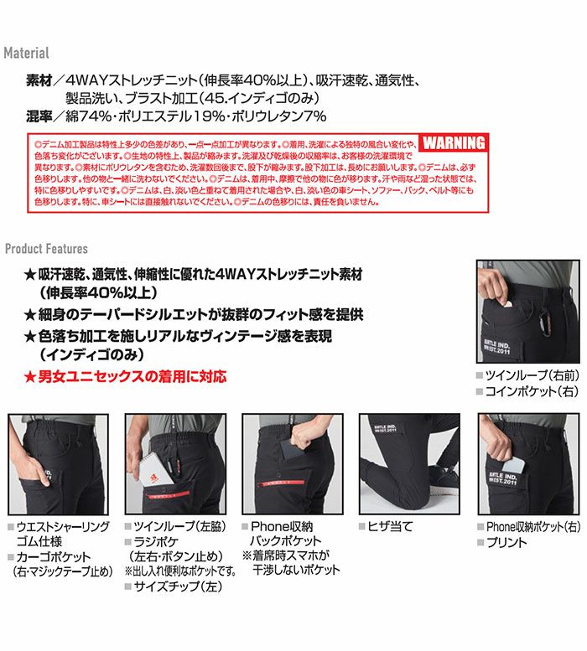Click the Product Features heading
(x=46, y=249)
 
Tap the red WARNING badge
(x=454, y=143)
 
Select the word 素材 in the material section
(x=40, y=82)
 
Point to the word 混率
(x=40, y=116)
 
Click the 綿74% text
(x=93, y=116)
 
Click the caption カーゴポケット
(x=60, y=556)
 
